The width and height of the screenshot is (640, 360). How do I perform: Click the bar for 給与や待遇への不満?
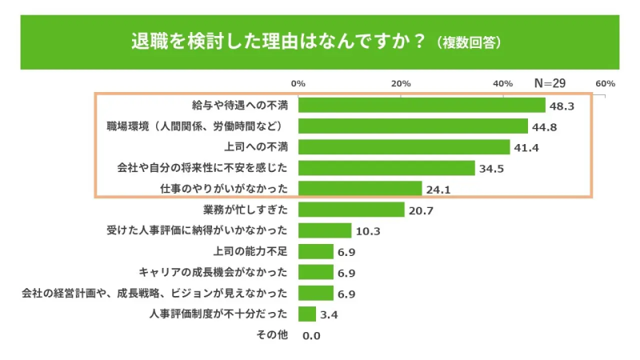click(x=421, y=106)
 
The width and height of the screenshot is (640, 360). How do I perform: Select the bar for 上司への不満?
click(x=403, y=147)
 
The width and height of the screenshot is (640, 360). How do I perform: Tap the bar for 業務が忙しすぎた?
click(x=350, y=210)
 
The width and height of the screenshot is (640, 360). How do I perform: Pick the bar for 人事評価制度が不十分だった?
click(x=306, y=314)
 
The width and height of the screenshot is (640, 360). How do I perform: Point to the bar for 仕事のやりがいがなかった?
click(x=359, y=189)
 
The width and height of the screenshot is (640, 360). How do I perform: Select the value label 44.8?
click(x=543, y=126)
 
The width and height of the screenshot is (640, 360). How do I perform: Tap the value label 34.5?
click(x=490, y=168)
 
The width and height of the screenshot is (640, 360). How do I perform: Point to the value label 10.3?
click(x=367, y=230)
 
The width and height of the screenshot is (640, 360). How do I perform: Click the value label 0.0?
click(x=311, y=335)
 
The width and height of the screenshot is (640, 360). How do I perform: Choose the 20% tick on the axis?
click(x=400, y=83)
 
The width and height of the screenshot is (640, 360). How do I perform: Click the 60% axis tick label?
click(x=604, y=83)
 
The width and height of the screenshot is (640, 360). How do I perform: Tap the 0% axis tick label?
click(x=298, y=83)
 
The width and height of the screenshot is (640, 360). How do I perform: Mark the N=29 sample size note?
click(x=550, y=83)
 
